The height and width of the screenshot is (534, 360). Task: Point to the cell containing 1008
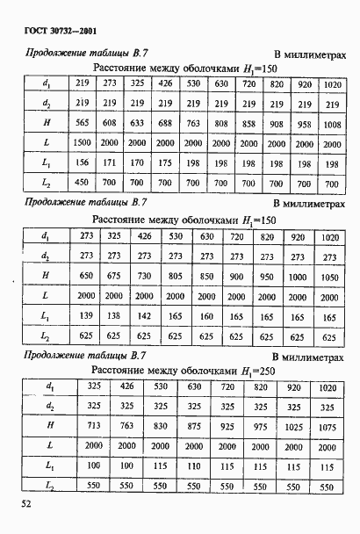coord(331,124)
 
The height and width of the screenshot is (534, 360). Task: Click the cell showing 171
coord(110,163)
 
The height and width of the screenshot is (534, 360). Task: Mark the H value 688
coord(165,123)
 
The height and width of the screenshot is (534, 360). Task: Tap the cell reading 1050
coord(327,276)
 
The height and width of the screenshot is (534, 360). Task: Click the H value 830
coord(160,425)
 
